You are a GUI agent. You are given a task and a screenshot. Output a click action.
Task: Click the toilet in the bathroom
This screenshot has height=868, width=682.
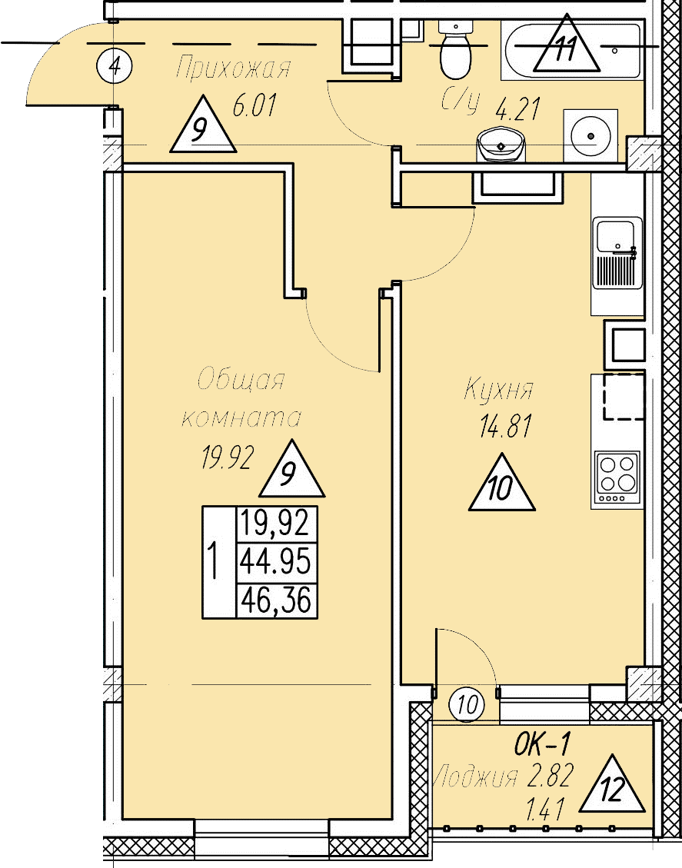pos(456,51)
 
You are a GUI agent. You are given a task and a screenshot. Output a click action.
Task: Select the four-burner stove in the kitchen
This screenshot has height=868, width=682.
pos(617,474)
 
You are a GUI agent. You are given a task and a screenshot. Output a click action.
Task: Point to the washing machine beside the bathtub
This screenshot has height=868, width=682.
pos(591,136)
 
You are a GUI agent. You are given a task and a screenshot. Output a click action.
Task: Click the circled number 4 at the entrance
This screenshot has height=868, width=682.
pos(115,65)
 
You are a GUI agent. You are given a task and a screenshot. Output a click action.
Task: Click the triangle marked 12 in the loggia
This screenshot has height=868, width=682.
pos(613,787)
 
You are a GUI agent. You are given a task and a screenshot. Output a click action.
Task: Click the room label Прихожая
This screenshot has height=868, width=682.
pos(233,69)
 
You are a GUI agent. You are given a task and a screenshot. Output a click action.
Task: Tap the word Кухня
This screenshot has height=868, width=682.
pos(497,391)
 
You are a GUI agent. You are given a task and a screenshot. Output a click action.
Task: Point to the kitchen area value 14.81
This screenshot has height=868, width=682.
pos(505,427)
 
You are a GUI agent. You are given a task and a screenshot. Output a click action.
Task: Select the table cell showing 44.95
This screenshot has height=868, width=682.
pos(276,563)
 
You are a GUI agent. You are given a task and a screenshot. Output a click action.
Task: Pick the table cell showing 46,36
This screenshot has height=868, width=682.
pos(276,600)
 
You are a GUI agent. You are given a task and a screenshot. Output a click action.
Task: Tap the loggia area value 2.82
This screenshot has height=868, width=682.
pos(549,777)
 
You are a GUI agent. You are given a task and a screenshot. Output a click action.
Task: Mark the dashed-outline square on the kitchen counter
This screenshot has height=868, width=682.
pos(623,397)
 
